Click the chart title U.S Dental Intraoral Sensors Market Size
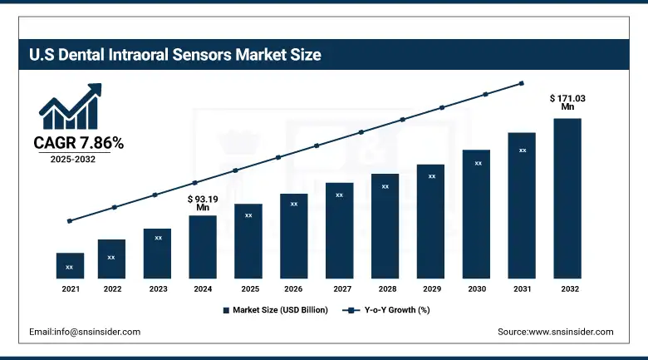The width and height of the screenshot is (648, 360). pyautogui.click(x=169, y=56)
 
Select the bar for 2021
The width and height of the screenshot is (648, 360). pyautogui.click(x=70, y=265)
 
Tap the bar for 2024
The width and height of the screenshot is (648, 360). pyautogui.click(x=203, y=247)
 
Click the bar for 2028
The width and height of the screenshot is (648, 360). pyautogui.click(x=385, y=225)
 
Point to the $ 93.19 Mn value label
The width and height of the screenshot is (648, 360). pyautogui.click(x=202, y=204)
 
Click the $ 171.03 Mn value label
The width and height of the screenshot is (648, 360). pyautogui.click(x=567, y=102)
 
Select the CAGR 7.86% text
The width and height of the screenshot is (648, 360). pyautogui.click(x=78, y=144)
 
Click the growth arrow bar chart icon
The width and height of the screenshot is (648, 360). pyautogui.click(x=71, y=106)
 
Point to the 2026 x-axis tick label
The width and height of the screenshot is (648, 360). pyautogui.click(x=293, y=288)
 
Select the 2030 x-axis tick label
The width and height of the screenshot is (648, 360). pyautogui.click(x=476, y=288)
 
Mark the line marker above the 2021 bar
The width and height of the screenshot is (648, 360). pyautogui.click(x=70, y=221)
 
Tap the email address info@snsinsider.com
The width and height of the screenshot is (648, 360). pyautogui.click(x=85, y=332)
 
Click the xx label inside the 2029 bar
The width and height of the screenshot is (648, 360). pyautogui.click(x=431, y=176)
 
